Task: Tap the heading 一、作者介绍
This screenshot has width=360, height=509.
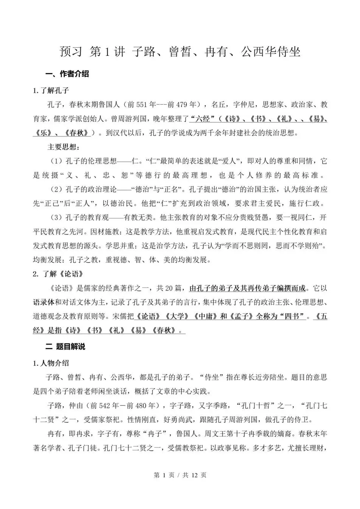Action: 67,74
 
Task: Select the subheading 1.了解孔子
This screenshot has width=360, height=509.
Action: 51,91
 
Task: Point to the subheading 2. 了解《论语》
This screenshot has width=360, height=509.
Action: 57,274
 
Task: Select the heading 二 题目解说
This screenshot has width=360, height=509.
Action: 65,347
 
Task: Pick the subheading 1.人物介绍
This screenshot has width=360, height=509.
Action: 51,363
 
